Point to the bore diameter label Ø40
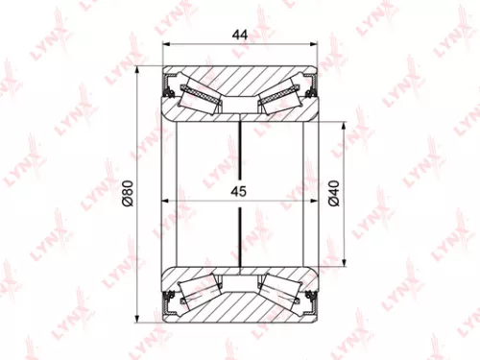click(332, 195)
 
